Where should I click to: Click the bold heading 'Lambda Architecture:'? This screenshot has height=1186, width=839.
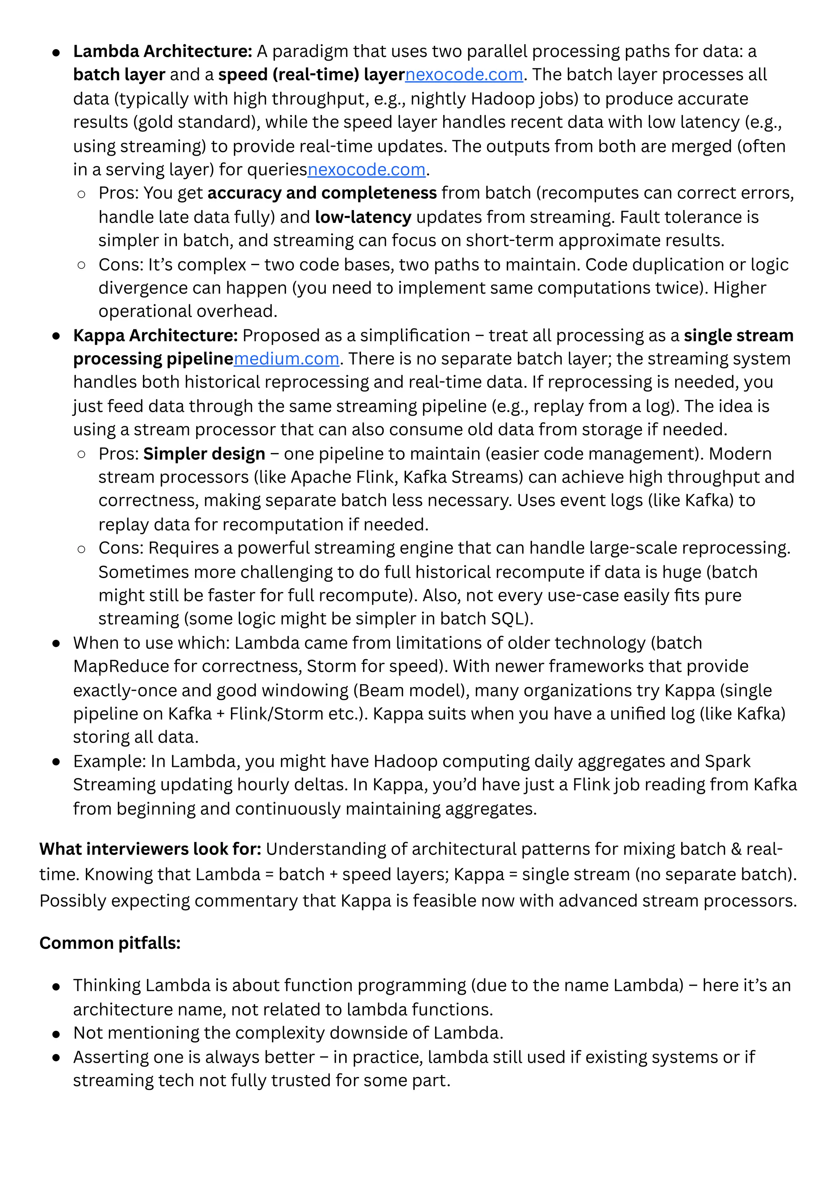click(162, 51)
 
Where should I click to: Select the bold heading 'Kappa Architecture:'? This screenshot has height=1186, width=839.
click(155, 335)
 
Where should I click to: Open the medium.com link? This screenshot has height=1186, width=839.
click(286, 358)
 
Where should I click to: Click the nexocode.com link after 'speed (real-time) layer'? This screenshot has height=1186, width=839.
click(463, 75)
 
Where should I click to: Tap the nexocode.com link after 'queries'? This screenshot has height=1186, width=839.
click(366, 170)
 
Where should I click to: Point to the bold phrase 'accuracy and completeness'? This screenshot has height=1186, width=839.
click(322, 193)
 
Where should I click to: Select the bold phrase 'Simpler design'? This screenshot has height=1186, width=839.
click(204, 454)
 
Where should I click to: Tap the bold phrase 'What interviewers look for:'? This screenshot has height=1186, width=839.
click(150, 849)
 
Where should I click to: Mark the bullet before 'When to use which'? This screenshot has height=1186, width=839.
click(56, 644)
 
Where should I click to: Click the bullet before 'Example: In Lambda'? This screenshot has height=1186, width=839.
click(56, 762)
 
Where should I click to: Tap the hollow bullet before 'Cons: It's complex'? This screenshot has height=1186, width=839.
click(81, 265)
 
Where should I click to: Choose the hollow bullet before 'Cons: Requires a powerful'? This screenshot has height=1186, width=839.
click(81, 549)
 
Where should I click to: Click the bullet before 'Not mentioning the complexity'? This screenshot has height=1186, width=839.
click(56, 1034)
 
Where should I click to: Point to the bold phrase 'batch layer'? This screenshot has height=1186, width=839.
click(119, 75)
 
